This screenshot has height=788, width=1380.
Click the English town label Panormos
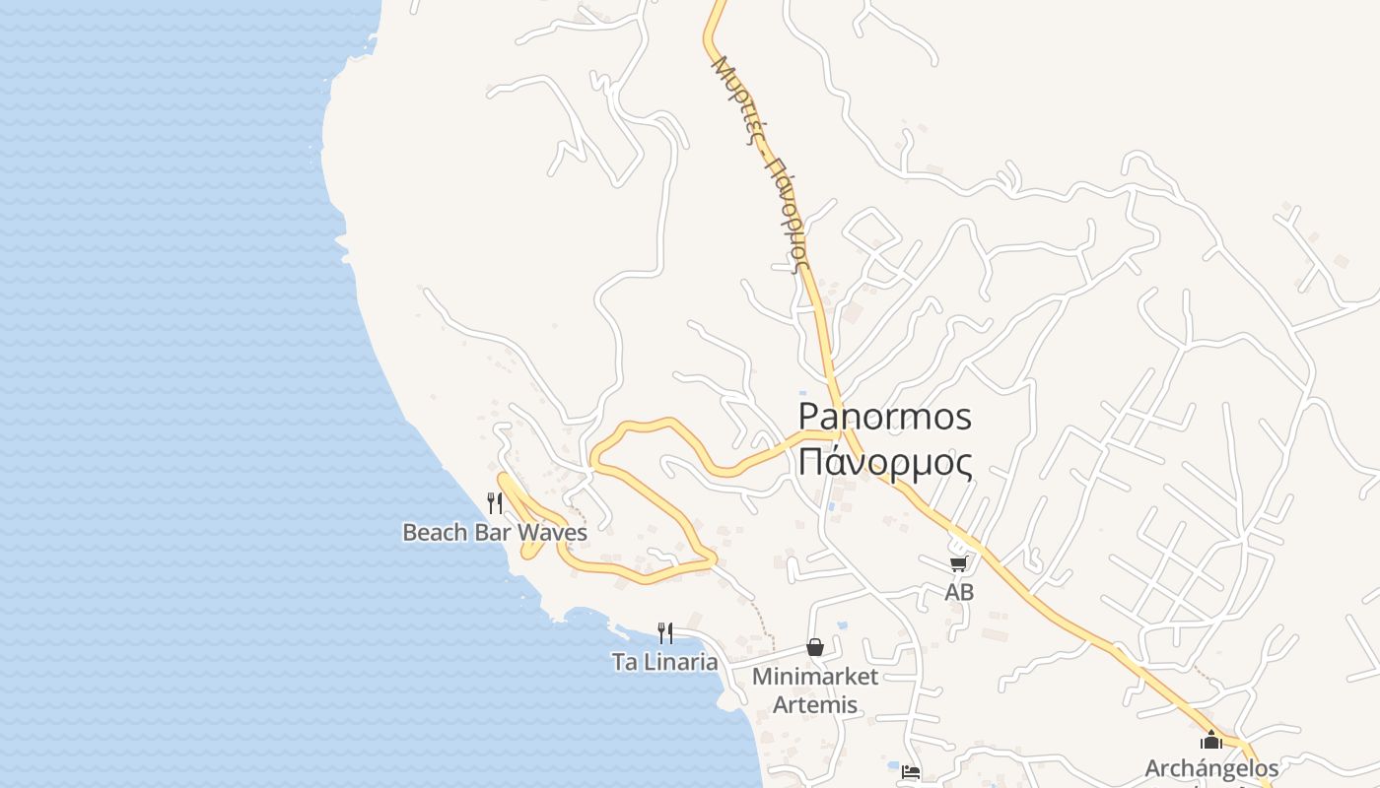pos(884,417)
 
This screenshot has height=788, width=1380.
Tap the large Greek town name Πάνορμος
pos(884,461)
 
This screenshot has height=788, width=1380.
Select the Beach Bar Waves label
pos(494,533)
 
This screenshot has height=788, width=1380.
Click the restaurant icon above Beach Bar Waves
pos(495,503)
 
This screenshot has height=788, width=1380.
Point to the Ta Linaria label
pos(664,662)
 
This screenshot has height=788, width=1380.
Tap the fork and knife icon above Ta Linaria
pos(665,632)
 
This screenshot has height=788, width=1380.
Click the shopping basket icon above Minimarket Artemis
pos(815,647)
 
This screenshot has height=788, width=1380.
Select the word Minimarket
pos(814,677)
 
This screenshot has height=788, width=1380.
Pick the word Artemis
pos(815,705)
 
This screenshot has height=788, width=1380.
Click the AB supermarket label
pos(959,592)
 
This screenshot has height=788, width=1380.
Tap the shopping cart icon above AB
pos(958,563)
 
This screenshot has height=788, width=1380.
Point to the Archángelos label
pos(1211,768)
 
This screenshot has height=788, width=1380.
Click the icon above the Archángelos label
pos(1211,740)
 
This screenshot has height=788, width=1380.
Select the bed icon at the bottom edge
pos(911,772)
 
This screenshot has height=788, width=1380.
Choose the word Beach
pos(435,533)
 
